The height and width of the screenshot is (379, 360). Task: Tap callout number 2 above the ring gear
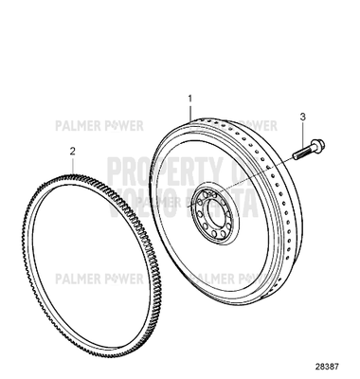pyautogui.click(x=71, y=150)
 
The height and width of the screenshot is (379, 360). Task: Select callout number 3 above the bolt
pyautogui.click(x=301, y=117)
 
